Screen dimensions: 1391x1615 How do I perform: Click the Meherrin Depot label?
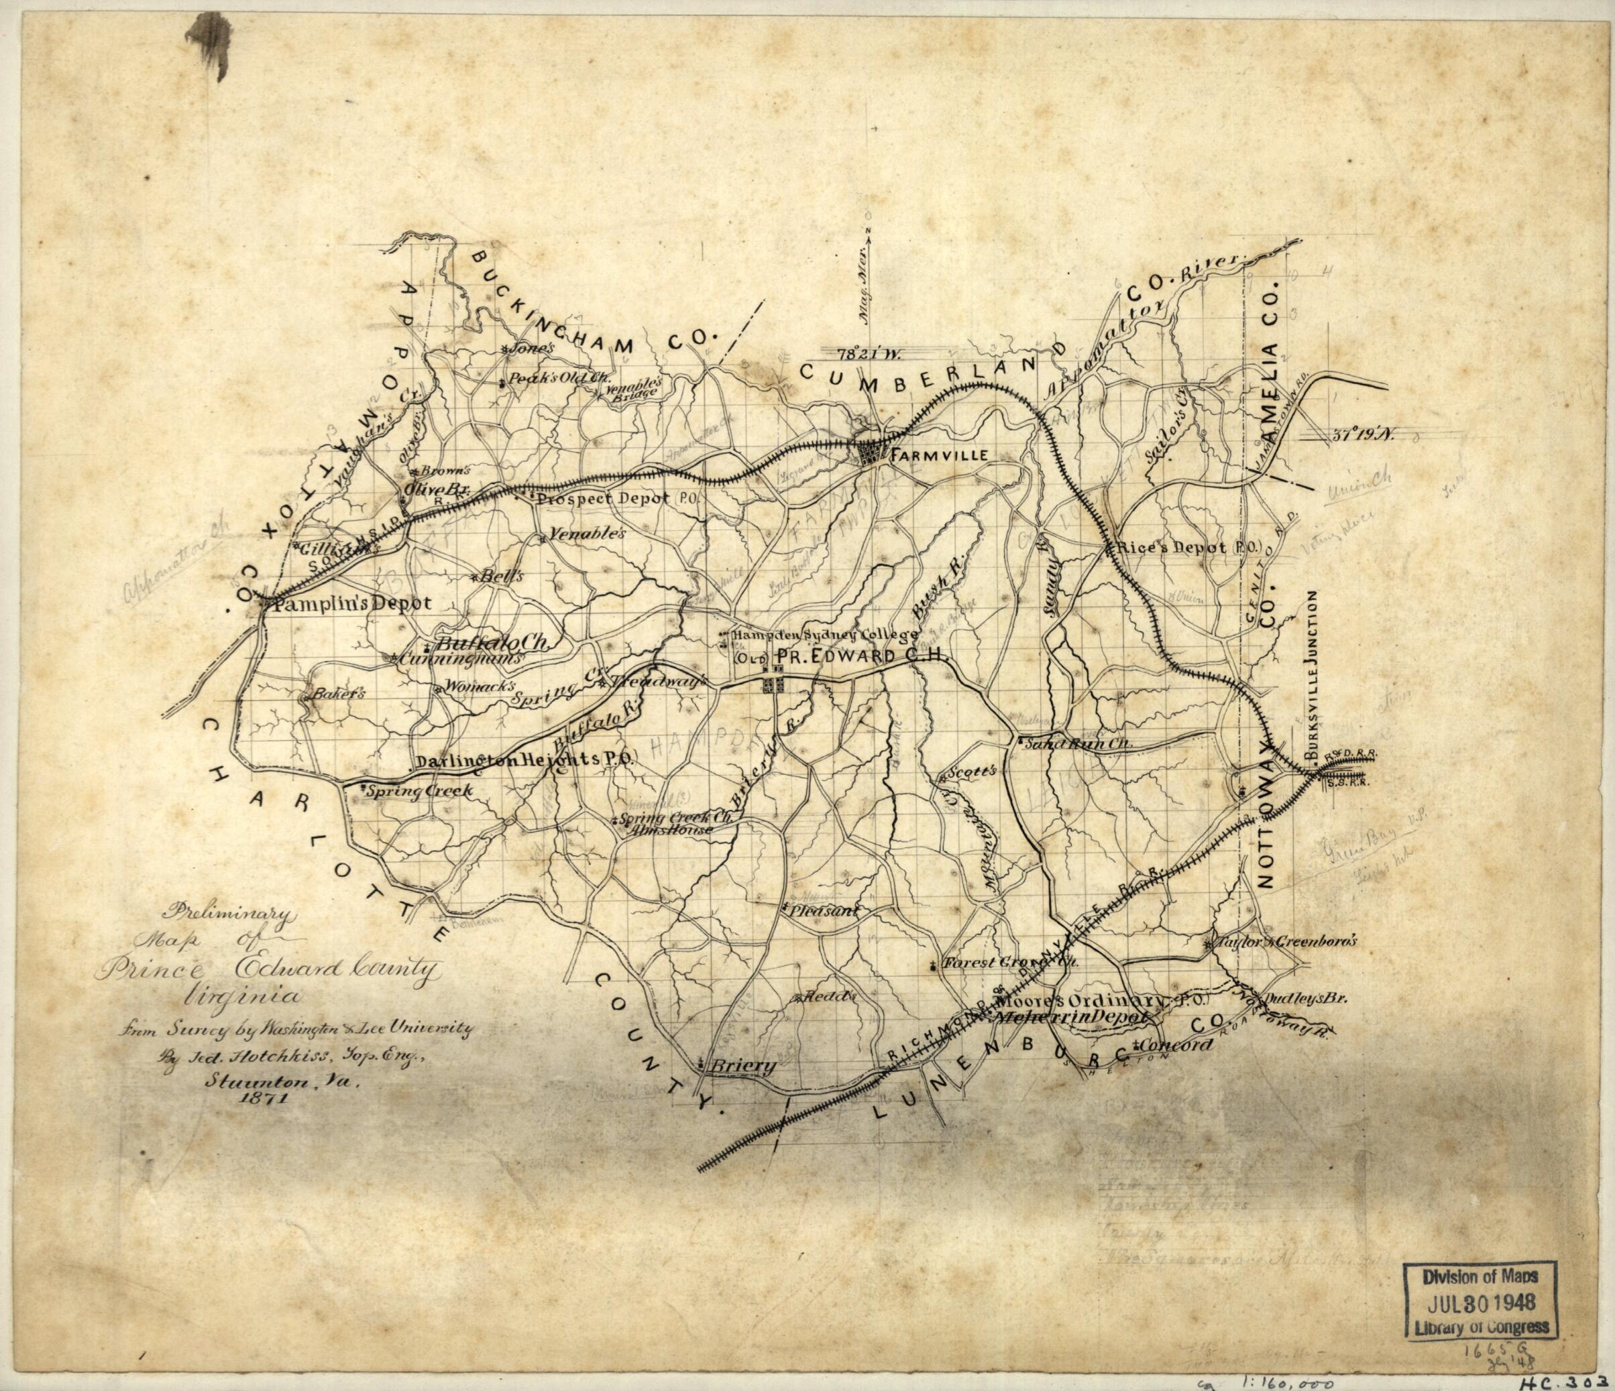pyautogui.click(x=1068, y=1018)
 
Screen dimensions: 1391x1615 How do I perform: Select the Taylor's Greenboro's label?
pyautogui.click(x=1285, y=941)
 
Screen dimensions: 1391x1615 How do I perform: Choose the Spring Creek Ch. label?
pyautogui.click(x=678, y=819)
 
